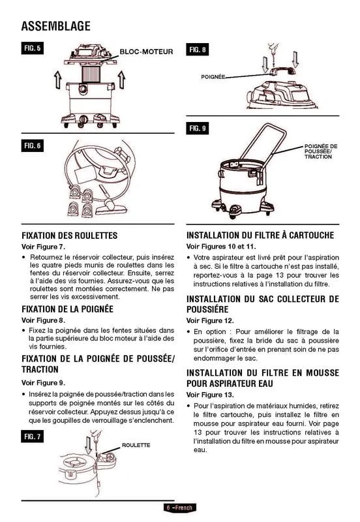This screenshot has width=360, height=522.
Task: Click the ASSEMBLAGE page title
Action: [56, 26]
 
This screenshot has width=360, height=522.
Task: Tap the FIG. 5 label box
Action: [32, 48]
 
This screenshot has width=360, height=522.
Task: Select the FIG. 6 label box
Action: [32, 146]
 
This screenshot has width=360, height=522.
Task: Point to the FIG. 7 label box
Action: [32, 437]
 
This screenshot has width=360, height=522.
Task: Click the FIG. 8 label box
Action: [198, 50]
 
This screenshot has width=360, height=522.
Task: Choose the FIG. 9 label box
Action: [198, 128]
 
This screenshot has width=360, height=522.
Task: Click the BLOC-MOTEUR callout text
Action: [146, 52]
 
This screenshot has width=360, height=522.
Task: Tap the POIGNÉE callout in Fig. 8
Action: [213, 77]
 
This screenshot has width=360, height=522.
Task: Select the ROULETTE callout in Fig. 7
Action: [136, 445]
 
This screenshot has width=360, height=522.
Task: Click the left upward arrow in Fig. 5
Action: [58, 80]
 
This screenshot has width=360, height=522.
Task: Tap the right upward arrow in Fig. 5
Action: [122, 80]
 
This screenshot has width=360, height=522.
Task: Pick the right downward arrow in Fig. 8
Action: [295, 59]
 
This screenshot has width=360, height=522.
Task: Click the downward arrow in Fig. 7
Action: [88, 445]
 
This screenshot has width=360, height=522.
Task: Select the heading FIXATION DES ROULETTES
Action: [70, 236]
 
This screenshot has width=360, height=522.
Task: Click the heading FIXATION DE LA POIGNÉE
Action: [68, 309]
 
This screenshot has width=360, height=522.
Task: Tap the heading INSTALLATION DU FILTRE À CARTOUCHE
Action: [260, 236]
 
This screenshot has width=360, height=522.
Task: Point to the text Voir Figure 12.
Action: [210, 320]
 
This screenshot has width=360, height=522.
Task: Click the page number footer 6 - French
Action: [180, 508]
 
